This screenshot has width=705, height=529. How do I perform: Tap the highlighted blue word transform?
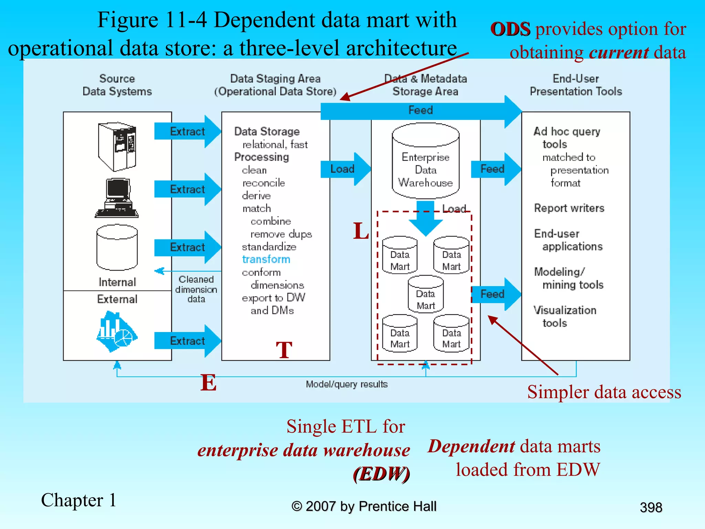click(x=266, y=259)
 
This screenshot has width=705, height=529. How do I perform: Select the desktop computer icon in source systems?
click(x=117, y=198)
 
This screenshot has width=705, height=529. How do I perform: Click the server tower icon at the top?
click(x=117, y=146)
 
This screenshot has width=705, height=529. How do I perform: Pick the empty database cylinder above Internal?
click(x=117, y=248)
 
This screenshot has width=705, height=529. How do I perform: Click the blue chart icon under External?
click(x=116, y=331)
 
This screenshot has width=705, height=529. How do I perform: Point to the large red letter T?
click(x=284, y=350)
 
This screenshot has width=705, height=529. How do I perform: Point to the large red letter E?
click(x=209, y=383)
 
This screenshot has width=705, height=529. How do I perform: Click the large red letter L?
click(x=361, y=231)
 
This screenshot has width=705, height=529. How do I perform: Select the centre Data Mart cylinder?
click(x=426, y=294)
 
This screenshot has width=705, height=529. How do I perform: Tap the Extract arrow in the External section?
click(x=188, y=341)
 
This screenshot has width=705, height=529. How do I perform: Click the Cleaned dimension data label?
click(x=196, y=289)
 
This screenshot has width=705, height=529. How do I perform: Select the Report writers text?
click(x=569, y=208)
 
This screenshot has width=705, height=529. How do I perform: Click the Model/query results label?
click(x=347, y=384)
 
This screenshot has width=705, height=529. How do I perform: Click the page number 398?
click(x=651, y=507)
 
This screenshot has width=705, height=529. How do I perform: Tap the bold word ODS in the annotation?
click(x=510, y=29)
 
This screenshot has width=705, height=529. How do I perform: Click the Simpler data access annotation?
click(x=604, y=392)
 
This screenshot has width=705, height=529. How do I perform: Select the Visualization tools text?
click(x=565, y=317)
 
